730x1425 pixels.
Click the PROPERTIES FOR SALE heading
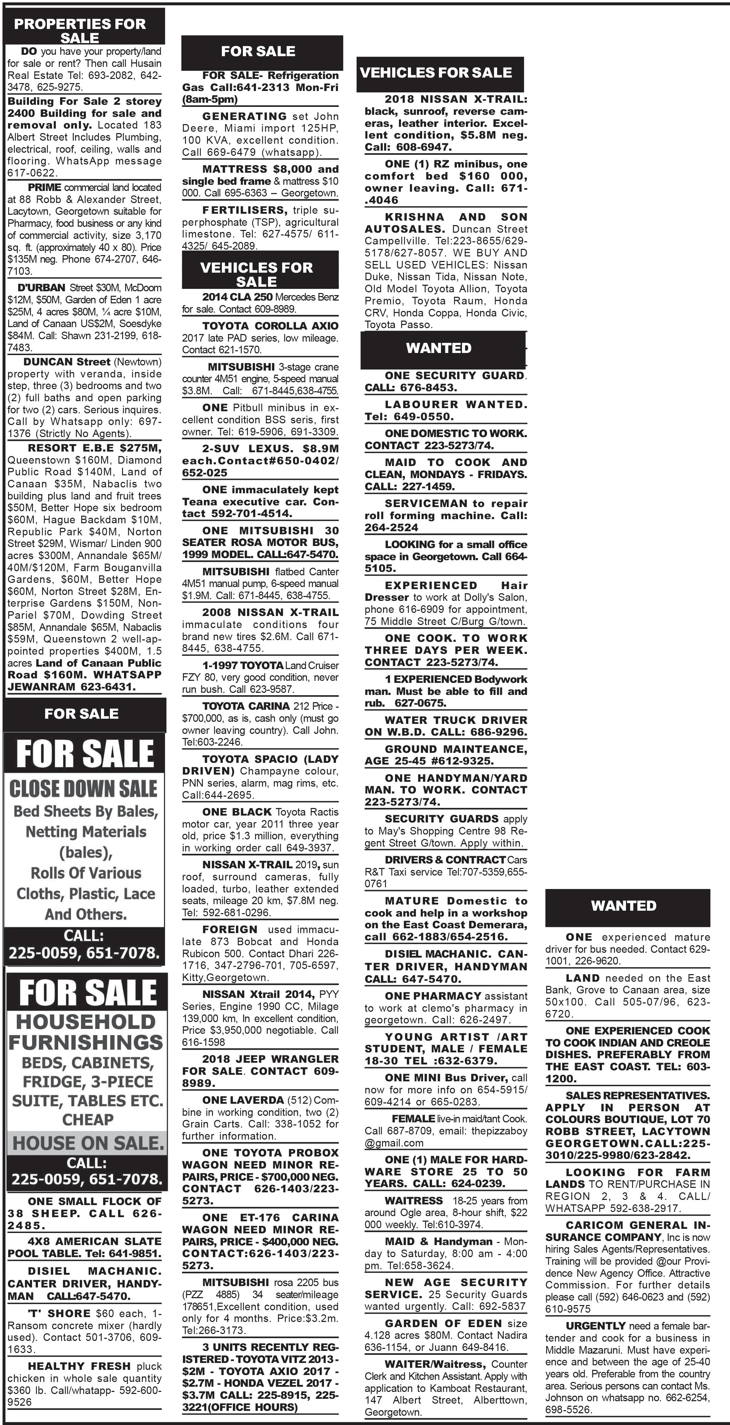(80, 30)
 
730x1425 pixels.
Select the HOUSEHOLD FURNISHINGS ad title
(86, 1032)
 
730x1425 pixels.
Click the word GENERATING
(244, 116)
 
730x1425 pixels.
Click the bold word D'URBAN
(41, 288)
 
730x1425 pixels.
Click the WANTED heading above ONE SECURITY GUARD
(439, 348)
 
